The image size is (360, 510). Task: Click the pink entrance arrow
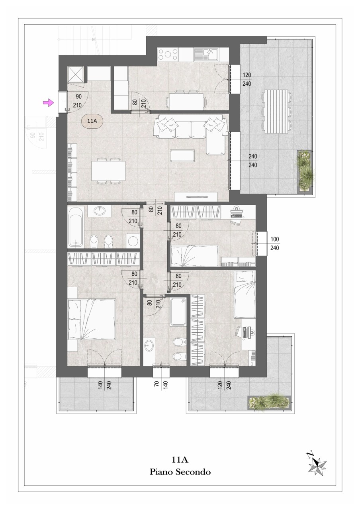(x=49, y=103)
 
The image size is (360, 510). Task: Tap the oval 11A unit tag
(x=92, y=121)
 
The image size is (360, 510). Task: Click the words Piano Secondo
(x=180, y=471)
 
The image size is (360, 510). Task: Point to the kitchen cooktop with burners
(x=168, y=55)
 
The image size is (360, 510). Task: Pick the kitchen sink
(x=206, y=55)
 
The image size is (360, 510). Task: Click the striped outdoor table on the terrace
(x=276, y=111)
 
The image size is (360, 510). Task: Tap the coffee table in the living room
(x=182, y=155)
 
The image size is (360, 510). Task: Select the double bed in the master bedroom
(x=91, y=319)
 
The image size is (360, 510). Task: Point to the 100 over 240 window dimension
(x=275, y=243)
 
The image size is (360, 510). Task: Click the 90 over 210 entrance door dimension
(x=78, y=101)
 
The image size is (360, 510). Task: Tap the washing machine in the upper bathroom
(x=133, y=240)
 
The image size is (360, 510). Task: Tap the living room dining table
(x=108, y=171)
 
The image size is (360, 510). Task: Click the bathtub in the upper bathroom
(x=75, y=227)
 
